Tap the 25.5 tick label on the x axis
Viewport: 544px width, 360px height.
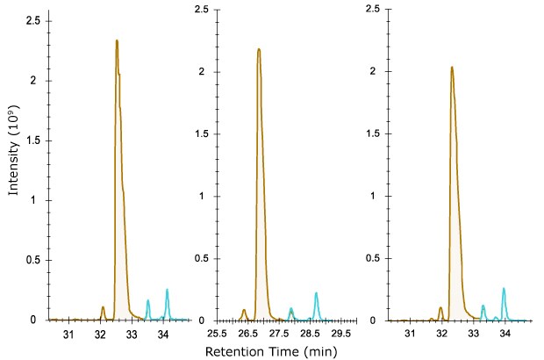[217, 335]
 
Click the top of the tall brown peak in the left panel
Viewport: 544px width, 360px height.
[117, 40]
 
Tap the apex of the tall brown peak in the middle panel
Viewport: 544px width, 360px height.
[259, 49]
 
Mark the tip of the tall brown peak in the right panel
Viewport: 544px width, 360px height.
[451, 67]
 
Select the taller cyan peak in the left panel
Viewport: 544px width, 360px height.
[167, 290]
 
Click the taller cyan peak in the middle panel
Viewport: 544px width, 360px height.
[316, 293]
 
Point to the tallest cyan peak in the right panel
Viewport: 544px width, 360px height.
[504, 289]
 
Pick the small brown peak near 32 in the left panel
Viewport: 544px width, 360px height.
[103, 307]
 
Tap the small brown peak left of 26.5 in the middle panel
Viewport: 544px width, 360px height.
[243, 310]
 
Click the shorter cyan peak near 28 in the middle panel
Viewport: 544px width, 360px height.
[290, 309]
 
